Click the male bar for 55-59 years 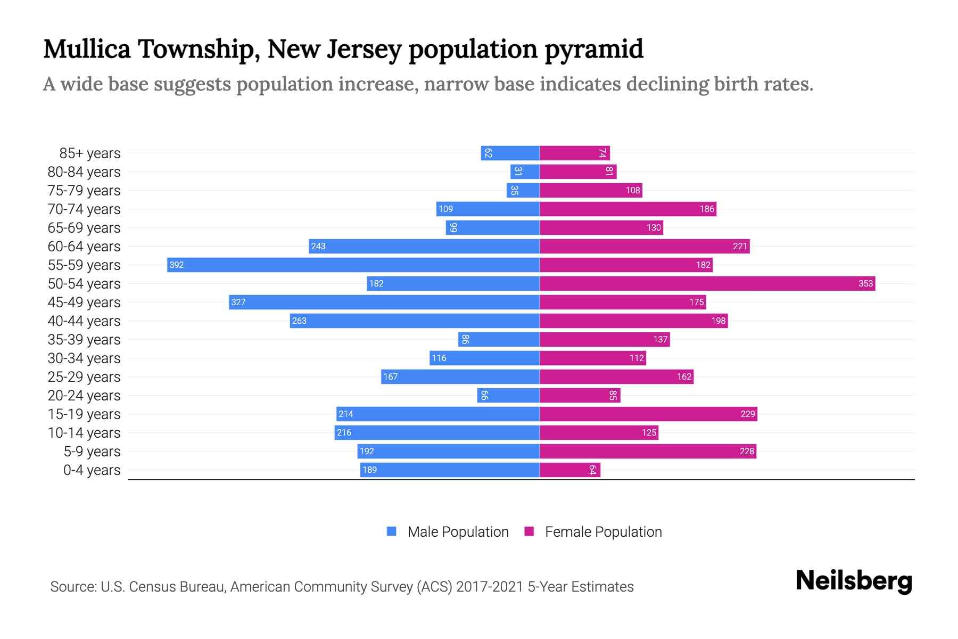[x=353, y=265]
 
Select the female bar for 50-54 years [x=707, y=283]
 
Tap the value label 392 [x=176, y=265]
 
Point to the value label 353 [x=865, y=283]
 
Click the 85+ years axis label [x=90, y=153]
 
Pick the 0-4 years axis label [x=92, y=470]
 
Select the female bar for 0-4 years [x=570, y=470]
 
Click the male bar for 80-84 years [x=525, y=171]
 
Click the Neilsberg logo [x=854, y=581]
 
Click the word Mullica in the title [x=87, y=50]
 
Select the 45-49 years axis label [x=84, y=302]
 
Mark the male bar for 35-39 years [x=499, y=339]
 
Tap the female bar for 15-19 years [x=648, y=414]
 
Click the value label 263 [x=299, y=321]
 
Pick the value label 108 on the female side [x=633, y=190]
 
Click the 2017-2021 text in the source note [x=490, y=587]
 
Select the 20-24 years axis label [x=84, y=396]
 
